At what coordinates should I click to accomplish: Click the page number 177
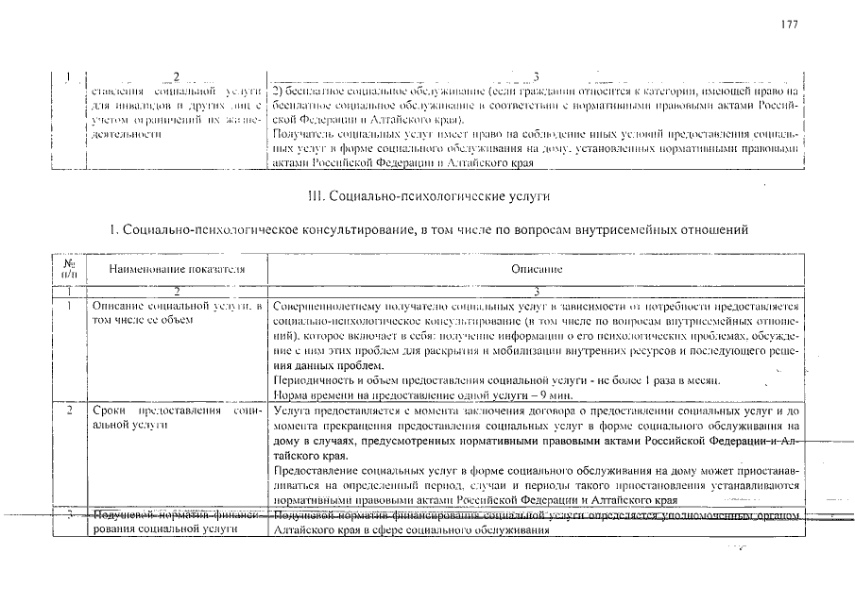[x=790, y=25]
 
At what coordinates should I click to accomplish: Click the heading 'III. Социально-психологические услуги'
[x=428, y=197]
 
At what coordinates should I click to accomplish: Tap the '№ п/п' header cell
[x=69, y=269]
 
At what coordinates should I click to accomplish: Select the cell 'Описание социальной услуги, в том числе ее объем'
[x=176, y=313]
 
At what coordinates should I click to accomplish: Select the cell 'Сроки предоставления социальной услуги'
[x=176, y=420]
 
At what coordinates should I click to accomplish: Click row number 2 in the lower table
[x=69, y=412]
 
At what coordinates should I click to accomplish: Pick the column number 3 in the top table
[x=536, y=75]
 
